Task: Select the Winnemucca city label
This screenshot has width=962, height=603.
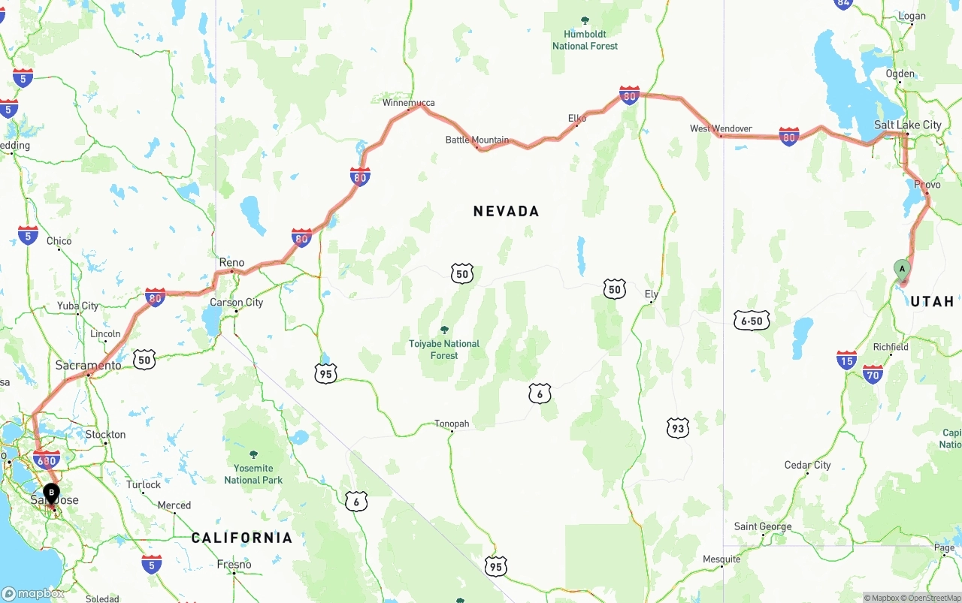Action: [408, 103]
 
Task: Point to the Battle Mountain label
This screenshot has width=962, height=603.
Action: [476, 140]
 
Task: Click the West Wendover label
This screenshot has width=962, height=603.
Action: [721, 128]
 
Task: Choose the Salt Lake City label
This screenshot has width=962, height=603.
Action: [907, 125]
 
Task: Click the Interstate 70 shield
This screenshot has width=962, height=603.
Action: [873, 373]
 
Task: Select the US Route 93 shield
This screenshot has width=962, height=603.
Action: [678, 428]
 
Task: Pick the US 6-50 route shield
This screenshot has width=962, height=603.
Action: [752, 321]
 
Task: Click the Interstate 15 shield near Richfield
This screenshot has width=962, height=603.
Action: [846, 360]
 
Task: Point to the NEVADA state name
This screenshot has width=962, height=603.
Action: [506, 211]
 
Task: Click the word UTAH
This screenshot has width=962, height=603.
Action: [932, 301]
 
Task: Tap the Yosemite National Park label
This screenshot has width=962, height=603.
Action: [253, 475]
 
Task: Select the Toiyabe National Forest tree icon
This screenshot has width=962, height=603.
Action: [444, 330]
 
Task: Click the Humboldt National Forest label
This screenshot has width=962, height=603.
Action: [585, 40]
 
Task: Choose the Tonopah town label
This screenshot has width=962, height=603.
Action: [452, 424]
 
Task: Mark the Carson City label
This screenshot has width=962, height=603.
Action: [237, 303]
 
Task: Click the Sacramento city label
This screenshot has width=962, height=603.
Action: [88, 366]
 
